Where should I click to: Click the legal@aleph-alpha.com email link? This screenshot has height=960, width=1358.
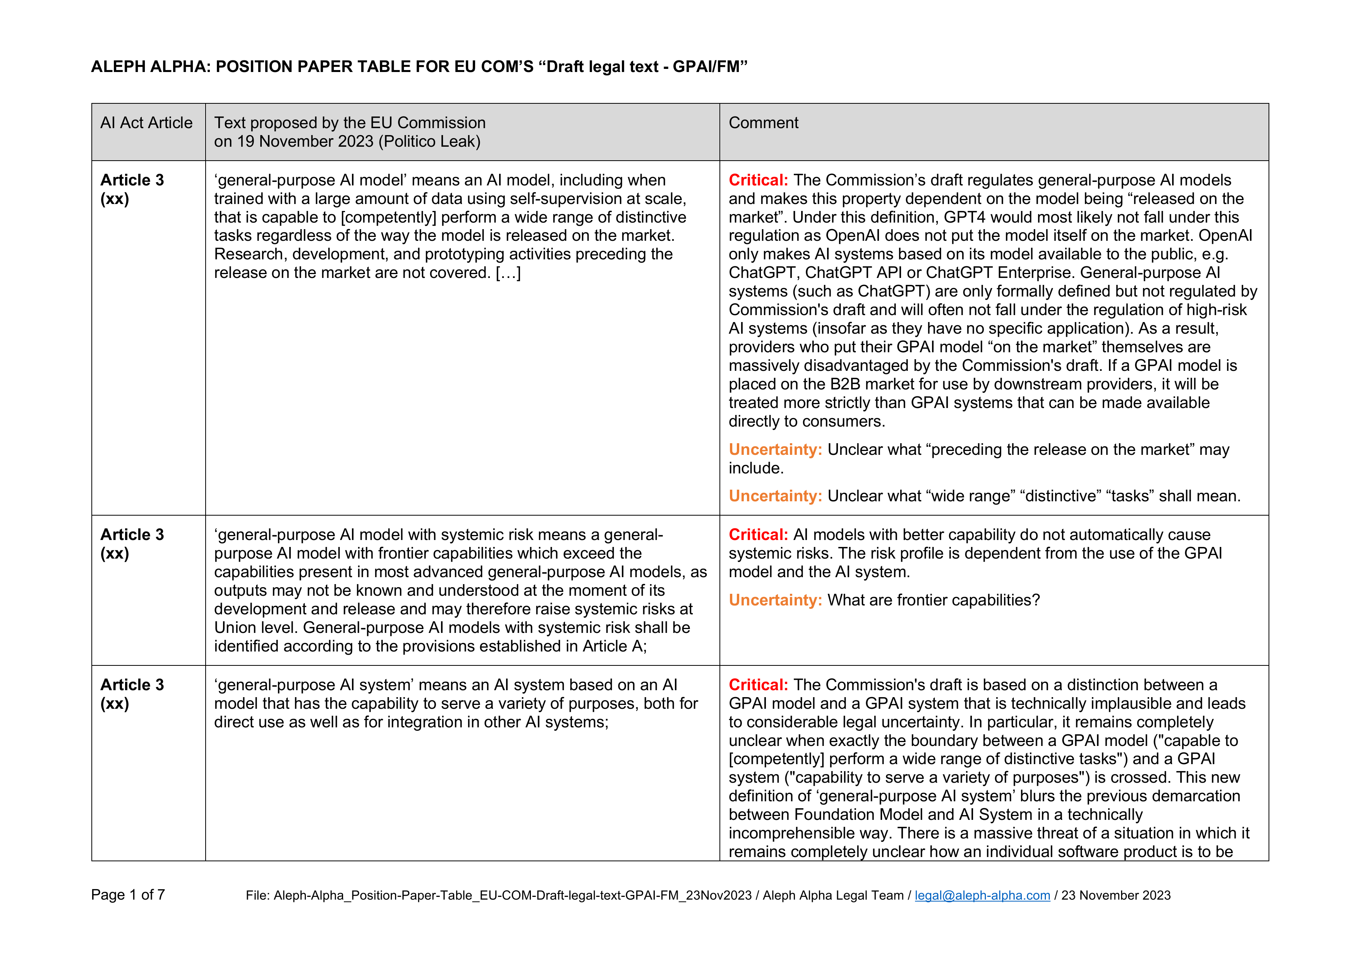tap(982, 896)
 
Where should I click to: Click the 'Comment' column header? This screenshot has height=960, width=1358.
tap(763, 123)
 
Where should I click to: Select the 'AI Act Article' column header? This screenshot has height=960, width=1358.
tap(146, 123)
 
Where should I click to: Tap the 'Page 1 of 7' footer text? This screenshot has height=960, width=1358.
tap(128, 895)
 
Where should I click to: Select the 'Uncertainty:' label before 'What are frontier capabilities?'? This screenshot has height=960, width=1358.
tap(775, 601)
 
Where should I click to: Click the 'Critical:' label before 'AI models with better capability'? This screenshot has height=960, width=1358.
tap(758, 535)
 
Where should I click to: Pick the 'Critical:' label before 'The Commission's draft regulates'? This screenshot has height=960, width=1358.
tap(758, 180)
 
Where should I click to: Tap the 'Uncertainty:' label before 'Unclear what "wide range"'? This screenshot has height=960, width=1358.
tap(775, 497)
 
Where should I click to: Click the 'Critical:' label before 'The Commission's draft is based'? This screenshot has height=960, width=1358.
tap(758, 685)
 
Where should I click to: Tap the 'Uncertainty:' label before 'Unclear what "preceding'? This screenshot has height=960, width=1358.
tap(775, 450)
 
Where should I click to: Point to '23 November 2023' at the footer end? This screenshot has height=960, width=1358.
tap(1116, 896)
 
